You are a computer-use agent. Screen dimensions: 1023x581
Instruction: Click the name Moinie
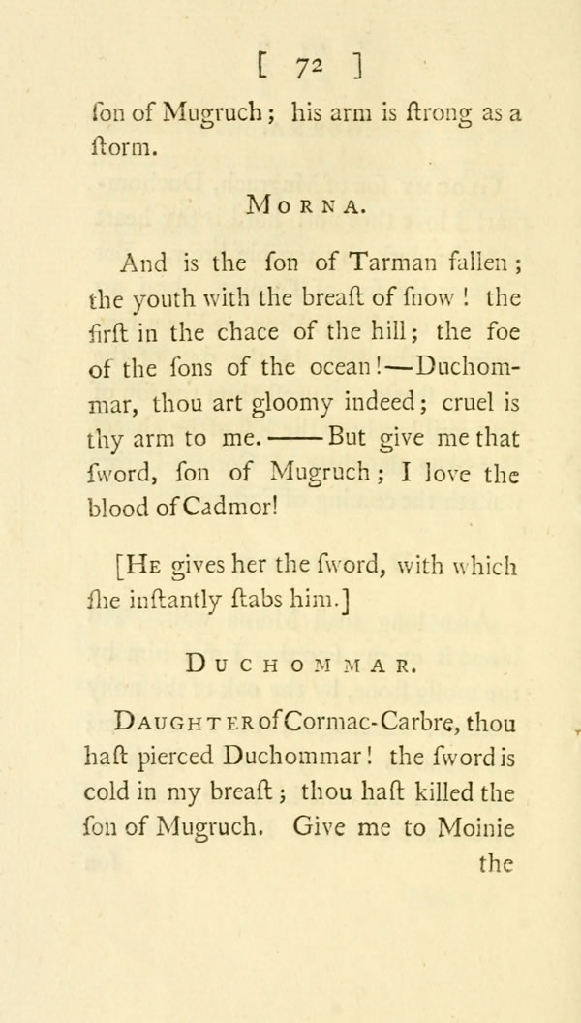[x=475, y=828]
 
